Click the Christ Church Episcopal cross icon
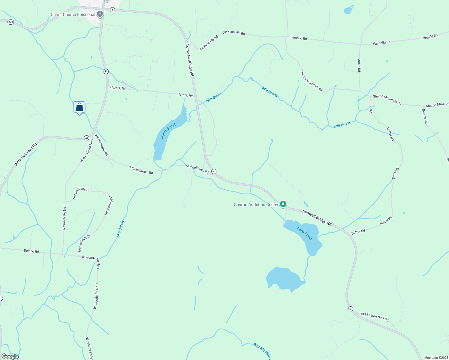[100, 14]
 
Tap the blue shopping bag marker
[80, 107]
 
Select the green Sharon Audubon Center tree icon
[283, 204]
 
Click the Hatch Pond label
[168, 131]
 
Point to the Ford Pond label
[305, 233]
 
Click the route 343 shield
[11, 22]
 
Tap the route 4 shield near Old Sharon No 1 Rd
[351, 309]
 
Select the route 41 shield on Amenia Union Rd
[86, 138]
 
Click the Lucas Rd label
[359, 65]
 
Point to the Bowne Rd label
[425, 116]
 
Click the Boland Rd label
[31, 251]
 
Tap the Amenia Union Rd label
[26, 154]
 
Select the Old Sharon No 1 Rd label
[375, 317]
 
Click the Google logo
[10, 356]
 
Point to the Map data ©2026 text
[436, 358]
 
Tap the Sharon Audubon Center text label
[256, 205]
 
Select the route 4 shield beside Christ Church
[112, 10]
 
